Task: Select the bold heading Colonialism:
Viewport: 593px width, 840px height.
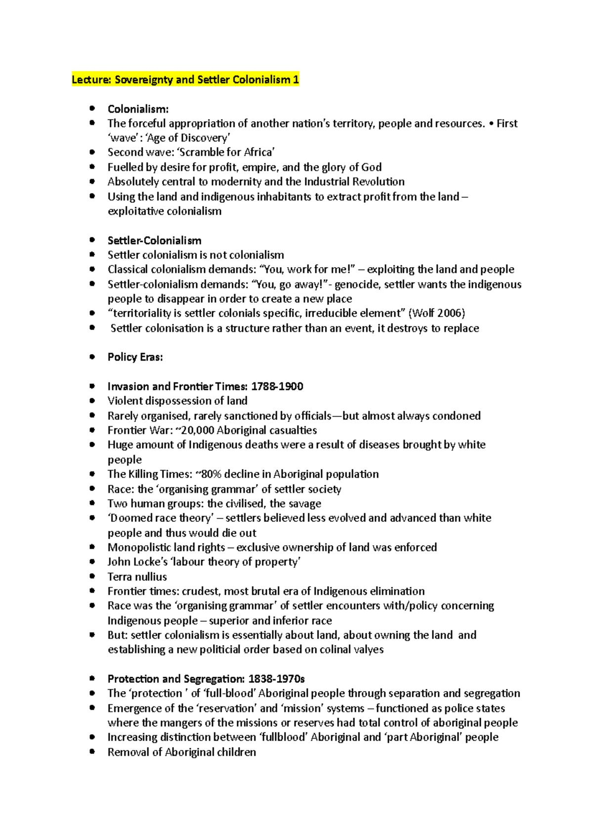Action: pyautogui.click(x=138, y=109)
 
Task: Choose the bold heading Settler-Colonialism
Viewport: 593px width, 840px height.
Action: pyautogui.click(x=154, y=240)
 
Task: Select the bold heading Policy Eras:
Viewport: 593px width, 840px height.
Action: pyautogui.click(x=135, y=357)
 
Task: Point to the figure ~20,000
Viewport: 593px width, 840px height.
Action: pyautogui.click(x=194, y=430)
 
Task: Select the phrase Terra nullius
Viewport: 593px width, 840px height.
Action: pyautogui.click(x=137, y=577)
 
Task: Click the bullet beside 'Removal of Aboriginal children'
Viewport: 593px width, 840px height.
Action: pyautogui.click(x=92, y=751)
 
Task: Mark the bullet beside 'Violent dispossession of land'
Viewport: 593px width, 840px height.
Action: pyautogui.click(x=92, y=401)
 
